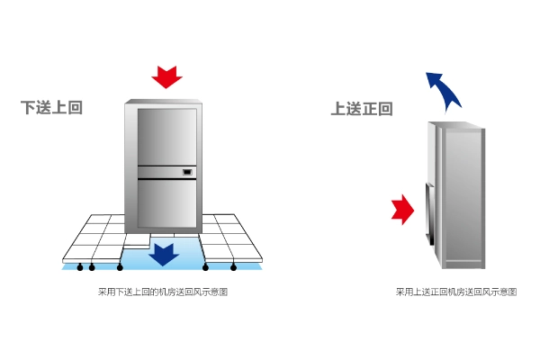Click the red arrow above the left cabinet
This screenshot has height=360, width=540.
166,77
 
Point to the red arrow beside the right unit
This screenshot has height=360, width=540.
401,210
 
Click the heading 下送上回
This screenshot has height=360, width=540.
52,108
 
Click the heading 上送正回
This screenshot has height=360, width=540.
362,109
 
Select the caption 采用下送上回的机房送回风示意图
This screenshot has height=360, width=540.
163,292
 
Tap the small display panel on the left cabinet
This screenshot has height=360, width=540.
187,171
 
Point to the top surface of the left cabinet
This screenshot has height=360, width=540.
163,102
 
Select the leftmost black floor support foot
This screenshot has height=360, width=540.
80,267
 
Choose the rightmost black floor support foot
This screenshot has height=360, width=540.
234,267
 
